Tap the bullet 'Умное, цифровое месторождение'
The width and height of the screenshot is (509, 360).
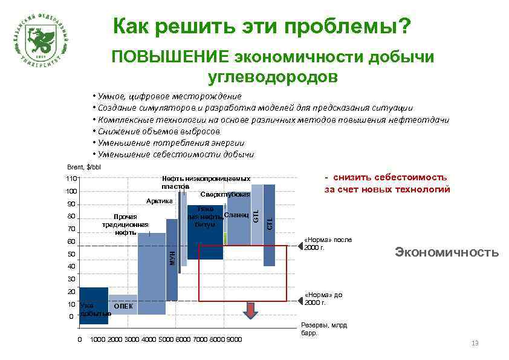(x=167, y=96)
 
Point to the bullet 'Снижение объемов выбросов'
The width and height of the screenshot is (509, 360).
(x=157, y=131)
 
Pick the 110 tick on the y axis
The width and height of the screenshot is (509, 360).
(x=71, y=179)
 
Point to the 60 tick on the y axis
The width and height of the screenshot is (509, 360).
(x=71, y=241)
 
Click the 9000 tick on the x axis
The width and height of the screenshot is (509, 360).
(x=234, y=339)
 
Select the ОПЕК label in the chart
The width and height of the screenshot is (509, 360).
(x=123, y=306)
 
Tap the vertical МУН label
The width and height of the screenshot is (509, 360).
(x=172, y=258)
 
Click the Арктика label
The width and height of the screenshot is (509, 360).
(x=160, y=201)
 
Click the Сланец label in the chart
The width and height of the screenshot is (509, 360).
(x=236, y=215)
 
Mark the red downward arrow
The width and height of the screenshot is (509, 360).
(x=250, y=311)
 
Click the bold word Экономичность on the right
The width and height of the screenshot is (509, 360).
(x=446, y=252)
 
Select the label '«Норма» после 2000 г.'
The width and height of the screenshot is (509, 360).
(x=326, y=244)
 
